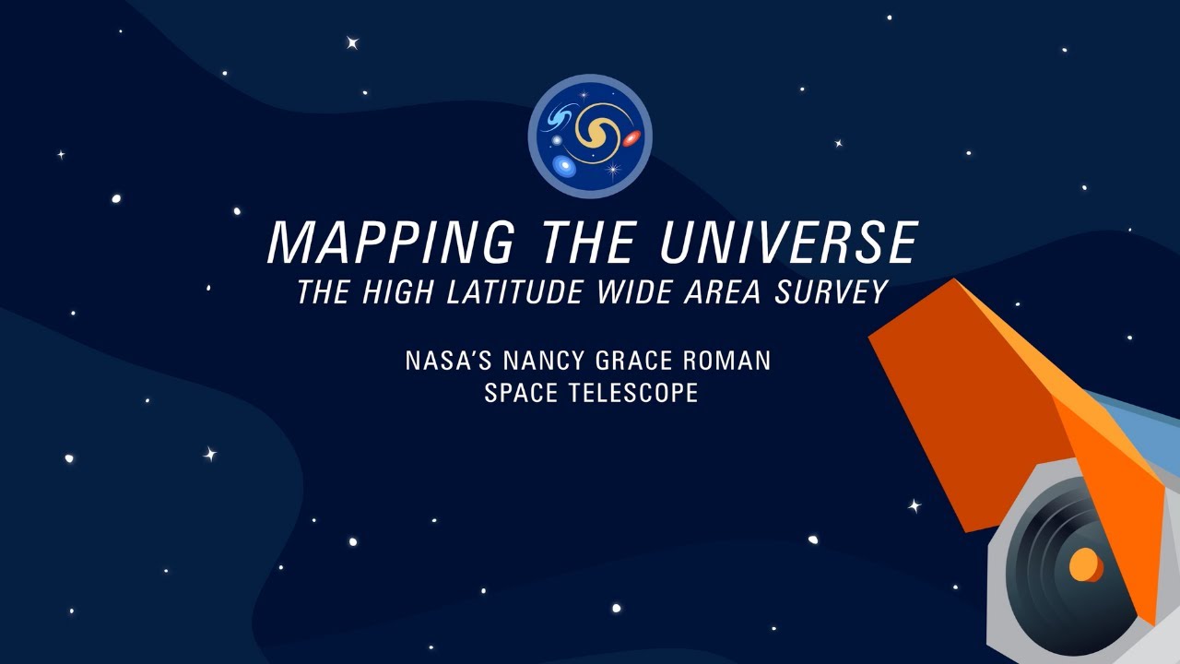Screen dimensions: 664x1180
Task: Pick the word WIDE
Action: [x=641, y=292]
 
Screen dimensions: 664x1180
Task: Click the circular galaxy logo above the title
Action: [x=590, y=136]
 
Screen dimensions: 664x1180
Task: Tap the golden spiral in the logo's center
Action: [x=596, y=135]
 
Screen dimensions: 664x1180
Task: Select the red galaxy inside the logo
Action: [x=631, y=139]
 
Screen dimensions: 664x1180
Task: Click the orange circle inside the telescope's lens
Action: [x=1085, y=563]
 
